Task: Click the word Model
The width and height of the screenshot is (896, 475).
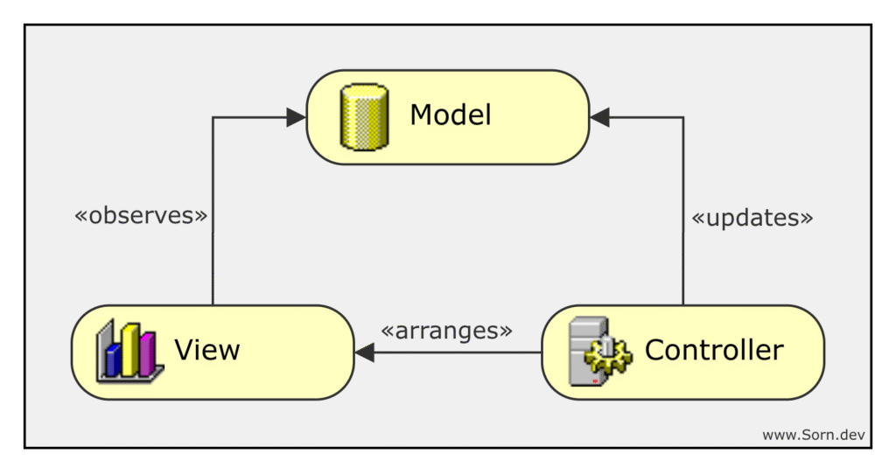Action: coord(451,115)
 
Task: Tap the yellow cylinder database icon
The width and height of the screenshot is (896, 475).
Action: coord(364,117)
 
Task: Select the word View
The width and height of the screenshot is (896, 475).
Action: coord(207,351)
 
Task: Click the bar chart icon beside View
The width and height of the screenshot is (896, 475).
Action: coord(129,352)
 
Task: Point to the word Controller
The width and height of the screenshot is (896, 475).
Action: coord(714,351)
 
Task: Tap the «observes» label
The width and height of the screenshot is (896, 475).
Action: coord(141,216)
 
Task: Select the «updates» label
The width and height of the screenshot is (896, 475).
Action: coord(752,218)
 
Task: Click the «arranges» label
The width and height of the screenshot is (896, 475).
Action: coord(447,331)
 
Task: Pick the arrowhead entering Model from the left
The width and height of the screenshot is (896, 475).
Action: coord(297,117)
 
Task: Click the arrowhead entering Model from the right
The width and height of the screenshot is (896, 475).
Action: coord(599,117)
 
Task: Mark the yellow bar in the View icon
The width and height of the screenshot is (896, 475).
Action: coord(131,349)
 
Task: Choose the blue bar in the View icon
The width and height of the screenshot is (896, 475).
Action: coord(113,359)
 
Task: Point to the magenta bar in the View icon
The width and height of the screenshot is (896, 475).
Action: coord(147,353)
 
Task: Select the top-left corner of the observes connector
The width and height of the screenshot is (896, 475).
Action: coord(213,117)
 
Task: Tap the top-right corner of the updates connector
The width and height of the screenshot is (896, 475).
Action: coord(683,117)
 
